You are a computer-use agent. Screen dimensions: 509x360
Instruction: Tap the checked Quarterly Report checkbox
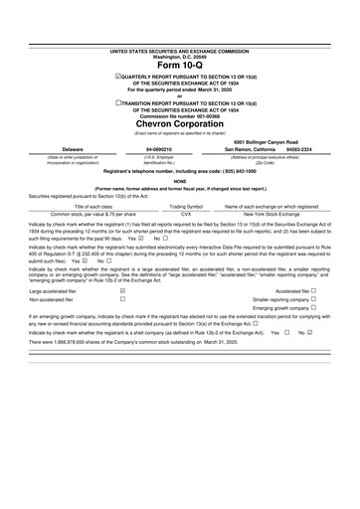coord(119,76)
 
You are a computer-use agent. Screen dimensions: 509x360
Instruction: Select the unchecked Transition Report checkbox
coord(118,100)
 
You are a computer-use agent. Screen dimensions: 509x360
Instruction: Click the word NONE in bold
coord(179,181)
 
